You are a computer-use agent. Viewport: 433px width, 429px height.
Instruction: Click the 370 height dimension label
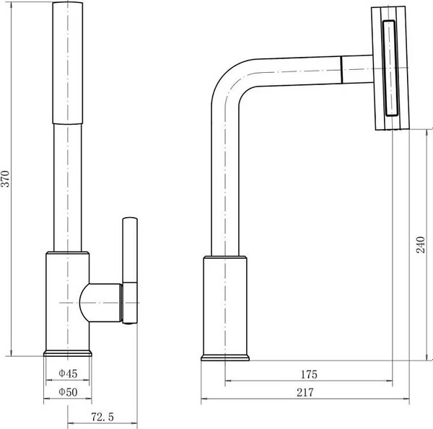pos(5,179)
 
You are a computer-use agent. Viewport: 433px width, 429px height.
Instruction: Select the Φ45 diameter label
pos(68,373)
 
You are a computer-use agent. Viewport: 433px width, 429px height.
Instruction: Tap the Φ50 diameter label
pos(68,392)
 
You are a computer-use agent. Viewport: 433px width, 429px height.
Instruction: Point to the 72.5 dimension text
pos(102,417)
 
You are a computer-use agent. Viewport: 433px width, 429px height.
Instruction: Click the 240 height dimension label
pos(420,244)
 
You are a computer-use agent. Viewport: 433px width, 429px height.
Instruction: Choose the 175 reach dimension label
pos(309,374)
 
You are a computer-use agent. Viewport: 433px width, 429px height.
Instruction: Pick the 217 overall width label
pos(305,392)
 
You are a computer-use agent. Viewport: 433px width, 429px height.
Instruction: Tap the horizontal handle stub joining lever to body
pos(101,303)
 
